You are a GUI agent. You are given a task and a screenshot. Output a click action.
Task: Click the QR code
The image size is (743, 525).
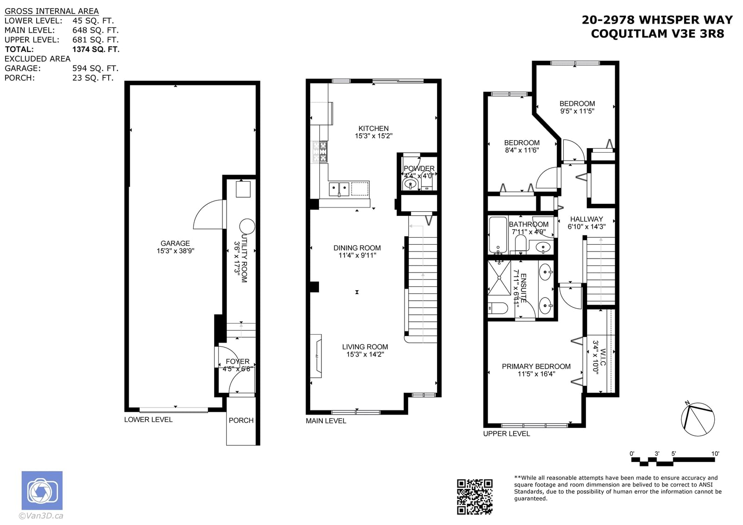475,497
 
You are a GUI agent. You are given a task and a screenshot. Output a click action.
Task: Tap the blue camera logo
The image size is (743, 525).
42,490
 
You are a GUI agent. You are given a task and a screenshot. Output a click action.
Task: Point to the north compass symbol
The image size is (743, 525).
697,419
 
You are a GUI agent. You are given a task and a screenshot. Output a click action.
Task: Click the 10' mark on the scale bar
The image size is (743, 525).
715,454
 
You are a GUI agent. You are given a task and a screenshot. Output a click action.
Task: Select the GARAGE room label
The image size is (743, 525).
175,243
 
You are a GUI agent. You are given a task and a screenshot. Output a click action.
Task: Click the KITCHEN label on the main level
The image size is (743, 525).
373,128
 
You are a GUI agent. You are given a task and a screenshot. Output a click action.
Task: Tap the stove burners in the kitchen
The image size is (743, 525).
320,152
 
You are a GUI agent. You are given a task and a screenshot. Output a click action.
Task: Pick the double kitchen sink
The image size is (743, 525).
339,189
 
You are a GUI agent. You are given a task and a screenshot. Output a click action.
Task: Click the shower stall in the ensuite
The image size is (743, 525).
499,278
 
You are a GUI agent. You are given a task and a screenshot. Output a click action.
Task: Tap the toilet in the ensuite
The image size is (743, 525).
498,308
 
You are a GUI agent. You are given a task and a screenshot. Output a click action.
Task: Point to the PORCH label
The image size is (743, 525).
241,420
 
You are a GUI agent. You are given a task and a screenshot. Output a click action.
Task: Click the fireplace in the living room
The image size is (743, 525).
316,356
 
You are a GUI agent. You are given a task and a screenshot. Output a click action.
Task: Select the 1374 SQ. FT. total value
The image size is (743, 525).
96,49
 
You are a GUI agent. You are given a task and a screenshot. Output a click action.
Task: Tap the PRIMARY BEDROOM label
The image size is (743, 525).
536,366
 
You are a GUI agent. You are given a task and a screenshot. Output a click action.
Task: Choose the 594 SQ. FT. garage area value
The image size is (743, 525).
96,68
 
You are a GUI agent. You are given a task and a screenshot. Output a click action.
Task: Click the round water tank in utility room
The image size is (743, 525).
247,227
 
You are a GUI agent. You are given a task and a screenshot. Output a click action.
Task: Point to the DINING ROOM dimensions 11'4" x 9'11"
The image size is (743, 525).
357,255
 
